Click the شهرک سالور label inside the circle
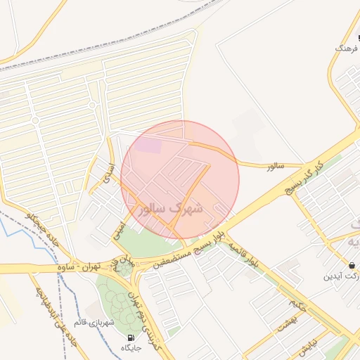tap(172, 209)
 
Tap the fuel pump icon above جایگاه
tap(131, 337)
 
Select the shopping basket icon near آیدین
tap(351, 266)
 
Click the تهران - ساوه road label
tap(86, 267)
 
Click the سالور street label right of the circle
tap(274, 166)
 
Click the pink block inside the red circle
tap(148, 146)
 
